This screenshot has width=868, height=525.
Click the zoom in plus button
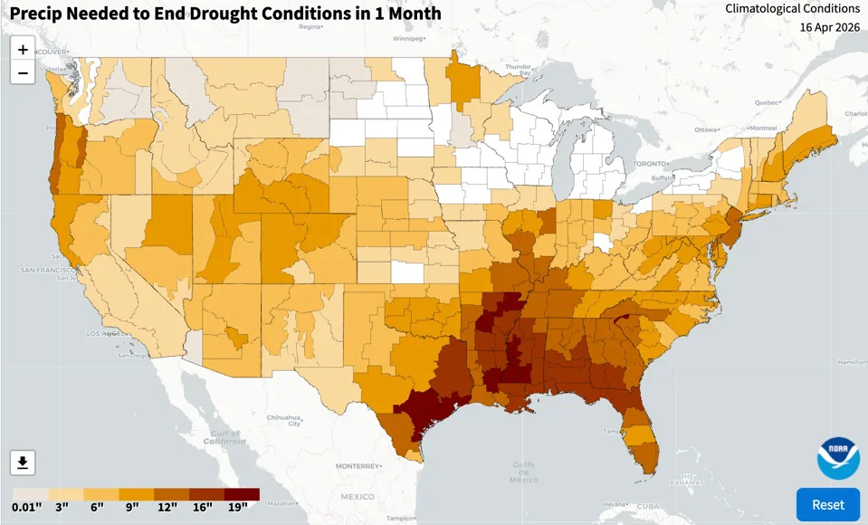23,50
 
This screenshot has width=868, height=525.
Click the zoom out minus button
23,73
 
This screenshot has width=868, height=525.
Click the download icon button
23,463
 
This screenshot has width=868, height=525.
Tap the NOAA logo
838,458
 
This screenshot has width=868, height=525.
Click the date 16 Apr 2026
829,27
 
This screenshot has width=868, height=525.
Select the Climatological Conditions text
793,8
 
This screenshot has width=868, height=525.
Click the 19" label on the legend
237,506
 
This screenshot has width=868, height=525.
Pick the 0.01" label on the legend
27,506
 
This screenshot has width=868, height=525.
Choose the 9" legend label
132,506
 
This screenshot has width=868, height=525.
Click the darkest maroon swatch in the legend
242,494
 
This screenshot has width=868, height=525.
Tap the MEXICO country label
358,497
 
